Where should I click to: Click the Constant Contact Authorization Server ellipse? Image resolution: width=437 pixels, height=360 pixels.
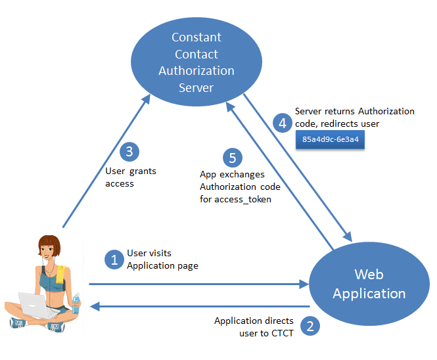(196, 62)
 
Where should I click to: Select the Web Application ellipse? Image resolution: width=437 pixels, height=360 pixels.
(369, 284)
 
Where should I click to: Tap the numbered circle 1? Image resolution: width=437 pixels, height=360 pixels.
(114, 259)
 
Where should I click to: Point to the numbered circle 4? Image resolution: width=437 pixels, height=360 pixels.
(283, 121)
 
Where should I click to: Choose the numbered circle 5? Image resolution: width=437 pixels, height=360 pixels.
(231, 157)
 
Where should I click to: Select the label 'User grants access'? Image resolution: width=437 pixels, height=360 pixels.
(131, 177)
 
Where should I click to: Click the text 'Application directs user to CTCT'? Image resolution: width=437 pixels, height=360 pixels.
(254, 326)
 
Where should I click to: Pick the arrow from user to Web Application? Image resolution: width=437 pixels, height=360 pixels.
(197, 284)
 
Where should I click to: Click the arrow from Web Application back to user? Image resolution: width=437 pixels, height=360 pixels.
(197, 306)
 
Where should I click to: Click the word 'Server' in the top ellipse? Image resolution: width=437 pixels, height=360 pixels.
(196, 87)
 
